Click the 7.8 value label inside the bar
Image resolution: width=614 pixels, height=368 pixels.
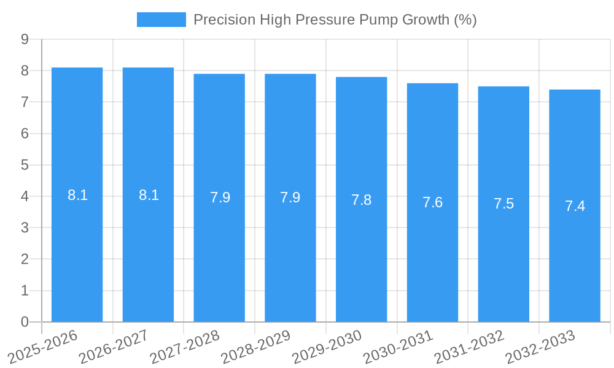[x=361, y=200]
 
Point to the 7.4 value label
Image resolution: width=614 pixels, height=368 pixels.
[x=575, y=206]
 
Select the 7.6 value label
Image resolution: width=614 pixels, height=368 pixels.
[x=432, y=202]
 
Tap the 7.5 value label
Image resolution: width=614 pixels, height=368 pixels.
[x=503, y=204]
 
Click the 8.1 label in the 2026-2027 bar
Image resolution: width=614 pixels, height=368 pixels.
[x=149, y=195]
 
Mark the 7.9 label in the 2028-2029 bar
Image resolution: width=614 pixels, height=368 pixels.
[x=290, y=197]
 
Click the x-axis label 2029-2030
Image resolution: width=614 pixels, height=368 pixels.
[x=327, y=347]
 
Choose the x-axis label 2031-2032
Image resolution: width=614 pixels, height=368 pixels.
[x=470, y=347]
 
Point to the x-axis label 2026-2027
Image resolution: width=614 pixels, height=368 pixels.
[x=114, y=347]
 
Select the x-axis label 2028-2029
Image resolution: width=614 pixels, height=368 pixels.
[x=256, y=347]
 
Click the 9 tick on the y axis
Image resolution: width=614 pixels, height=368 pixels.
[x=25, y=39]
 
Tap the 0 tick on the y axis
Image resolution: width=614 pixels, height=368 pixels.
[x=25, y=322]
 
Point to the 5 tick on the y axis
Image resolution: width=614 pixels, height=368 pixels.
[x=25, y=165]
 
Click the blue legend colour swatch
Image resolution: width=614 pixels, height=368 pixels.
[x=161, y=20]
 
